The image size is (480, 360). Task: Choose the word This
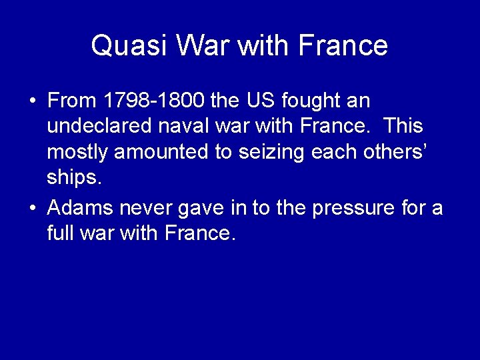(x=404, y=127)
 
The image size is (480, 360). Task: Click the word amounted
(x=156, y=152)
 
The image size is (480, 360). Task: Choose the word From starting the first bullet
(x=73, y=101)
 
